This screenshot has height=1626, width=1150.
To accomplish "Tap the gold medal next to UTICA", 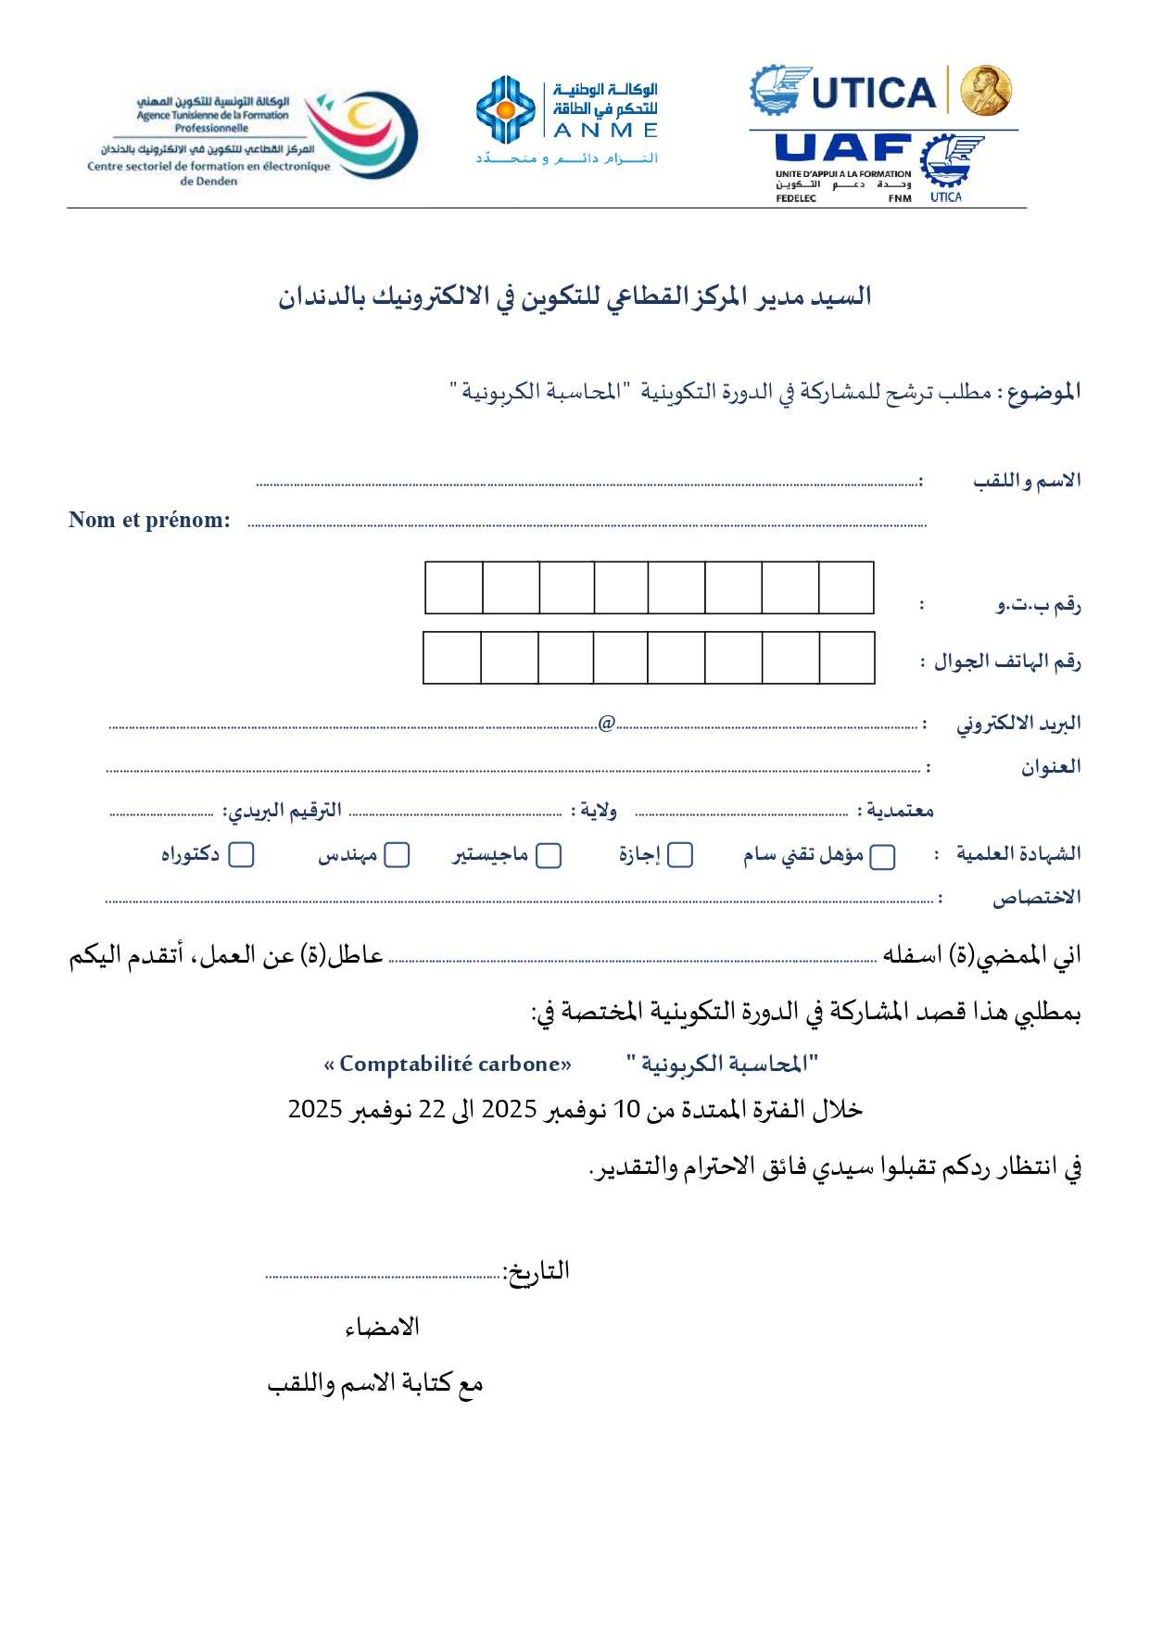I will [985, 91].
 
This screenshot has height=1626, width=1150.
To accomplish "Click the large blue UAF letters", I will [842, 148].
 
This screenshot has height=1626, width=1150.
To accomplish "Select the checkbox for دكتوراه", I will [241, 854].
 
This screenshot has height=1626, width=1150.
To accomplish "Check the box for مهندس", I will [397, 855].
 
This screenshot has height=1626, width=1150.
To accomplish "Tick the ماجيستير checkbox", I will [550, 855].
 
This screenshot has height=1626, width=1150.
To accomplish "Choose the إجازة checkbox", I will [680, 855].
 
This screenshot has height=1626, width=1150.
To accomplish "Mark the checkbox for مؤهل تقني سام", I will [883, 856].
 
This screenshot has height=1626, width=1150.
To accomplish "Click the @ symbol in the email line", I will [607, 723].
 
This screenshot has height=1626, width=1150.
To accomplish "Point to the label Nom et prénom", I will [149, 520].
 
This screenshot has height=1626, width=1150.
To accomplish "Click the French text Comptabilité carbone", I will [448, 1064].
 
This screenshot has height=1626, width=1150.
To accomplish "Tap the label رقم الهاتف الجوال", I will [1007, 662].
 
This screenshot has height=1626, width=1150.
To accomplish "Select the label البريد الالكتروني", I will [1018, 724].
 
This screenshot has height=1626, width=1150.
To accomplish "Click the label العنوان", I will [1051, 767].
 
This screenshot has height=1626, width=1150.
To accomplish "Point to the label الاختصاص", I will [1036, 898].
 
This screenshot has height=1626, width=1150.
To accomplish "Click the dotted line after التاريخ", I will [383, 1276].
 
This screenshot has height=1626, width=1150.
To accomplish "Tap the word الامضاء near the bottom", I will [382, 1328].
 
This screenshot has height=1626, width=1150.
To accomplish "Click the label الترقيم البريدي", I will [283, 811].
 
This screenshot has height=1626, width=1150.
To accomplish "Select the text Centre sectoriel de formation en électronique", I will [209, 167].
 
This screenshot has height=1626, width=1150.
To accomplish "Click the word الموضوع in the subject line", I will [1043, 392].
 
